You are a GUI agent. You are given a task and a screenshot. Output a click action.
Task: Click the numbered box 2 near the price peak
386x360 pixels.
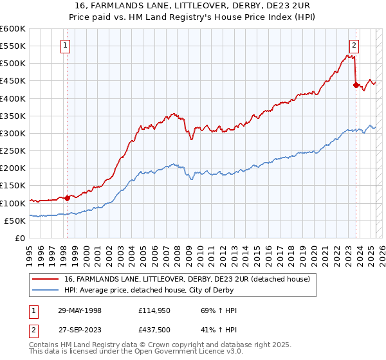pos(354,45)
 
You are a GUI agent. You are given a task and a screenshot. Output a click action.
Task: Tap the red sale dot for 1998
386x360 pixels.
pos(67,198)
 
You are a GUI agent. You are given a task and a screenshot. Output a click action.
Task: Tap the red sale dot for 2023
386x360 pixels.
pos(356,85)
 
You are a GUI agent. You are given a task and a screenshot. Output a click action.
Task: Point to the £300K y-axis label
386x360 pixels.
pos(13,133)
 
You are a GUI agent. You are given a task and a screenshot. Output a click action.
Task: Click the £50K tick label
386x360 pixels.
pos(15,221)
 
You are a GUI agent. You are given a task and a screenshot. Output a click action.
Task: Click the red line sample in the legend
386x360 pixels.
pos(46,279)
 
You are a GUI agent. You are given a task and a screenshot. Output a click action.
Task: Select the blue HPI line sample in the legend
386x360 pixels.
pos(46,289)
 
